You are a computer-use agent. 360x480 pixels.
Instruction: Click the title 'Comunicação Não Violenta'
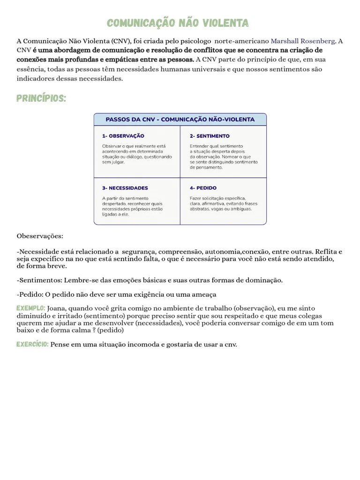[x=178, y=23]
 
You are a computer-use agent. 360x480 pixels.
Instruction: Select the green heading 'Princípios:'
[x=41, y=98]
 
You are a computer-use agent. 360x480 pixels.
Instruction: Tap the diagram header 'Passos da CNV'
[x=180, y=120]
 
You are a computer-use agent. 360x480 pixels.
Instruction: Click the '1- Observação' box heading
[x=123, y=136]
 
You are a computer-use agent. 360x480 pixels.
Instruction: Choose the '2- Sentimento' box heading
[x=210, y=136]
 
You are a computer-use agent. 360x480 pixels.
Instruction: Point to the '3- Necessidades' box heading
[x=125, y=188]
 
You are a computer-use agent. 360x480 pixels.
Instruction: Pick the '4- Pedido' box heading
[x=203, y=188]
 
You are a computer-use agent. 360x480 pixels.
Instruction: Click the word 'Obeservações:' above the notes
[x=40, y=236]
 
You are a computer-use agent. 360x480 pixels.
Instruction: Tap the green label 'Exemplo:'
[x=31, y=308]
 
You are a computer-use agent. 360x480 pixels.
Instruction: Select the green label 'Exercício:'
[x=32, y=345]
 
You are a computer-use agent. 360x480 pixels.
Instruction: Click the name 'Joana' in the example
[x=58, y=308]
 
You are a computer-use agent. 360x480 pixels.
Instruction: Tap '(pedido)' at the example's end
[x=111, y=330]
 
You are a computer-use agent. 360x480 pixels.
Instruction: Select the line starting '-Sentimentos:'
[x=150, y=280]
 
